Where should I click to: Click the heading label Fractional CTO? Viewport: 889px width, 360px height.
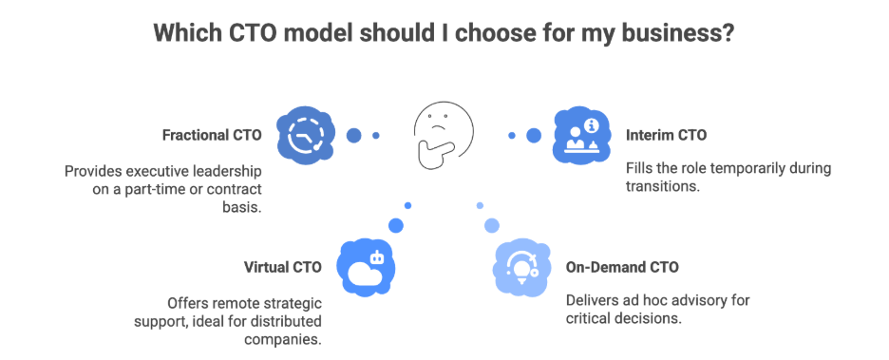click(x=211, y=135)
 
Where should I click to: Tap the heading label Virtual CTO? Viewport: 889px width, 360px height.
click(x=283, y=267)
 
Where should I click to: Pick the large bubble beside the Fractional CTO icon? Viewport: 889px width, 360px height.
click(x=353, y=135)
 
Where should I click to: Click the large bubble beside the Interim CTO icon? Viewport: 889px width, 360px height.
click(x=534, y=135)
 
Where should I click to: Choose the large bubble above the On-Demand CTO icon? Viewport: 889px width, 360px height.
click(x=492, y=225)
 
